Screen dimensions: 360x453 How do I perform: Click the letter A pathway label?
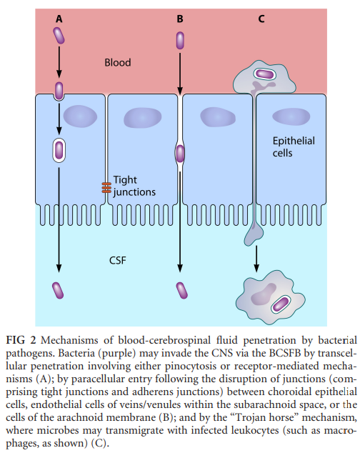click(x=59, y=19)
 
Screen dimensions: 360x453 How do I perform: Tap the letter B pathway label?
click(x=180, y=19)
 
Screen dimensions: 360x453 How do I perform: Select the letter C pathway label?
click(x=261, y=19)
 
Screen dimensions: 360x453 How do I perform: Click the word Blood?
click(x=118, y=62)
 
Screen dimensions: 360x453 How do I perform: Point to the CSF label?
click(x=118, y=261)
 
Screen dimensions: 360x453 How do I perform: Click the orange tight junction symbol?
click(x=106, y=188)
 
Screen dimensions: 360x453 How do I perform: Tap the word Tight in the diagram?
click(x=125, y=180)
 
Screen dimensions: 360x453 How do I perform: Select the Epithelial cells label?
click(x=294, y=146)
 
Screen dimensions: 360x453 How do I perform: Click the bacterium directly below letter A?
click(x=59, y=36)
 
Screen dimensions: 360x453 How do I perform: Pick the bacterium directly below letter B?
click(x=180, y=41)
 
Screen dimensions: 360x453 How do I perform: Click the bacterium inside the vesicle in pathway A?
click(x=59, y=151)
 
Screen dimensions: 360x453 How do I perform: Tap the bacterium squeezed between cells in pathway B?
click(x=180, y=154)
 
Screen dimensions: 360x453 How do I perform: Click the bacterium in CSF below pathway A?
click(x=58, y=291)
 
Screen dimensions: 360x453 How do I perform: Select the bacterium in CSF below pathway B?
click(x=181, y=291)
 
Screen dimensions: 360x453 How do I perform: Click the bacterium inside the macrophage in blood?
click(x=264, y=74)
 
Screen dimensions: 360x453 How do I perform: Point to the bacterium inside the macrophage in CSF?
click(x=281, y=304)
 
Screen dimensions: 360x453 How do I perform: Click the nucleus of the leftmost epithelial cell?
click(x=80, y=116)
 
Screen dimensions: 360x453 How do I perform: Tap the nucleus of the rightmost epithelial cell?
click(x=291, y=116)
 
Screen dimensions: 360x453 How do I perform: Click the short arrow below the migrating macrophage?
click(x=256, y=259)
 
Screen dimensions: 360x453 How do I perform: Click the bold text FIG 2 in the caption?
click(x=21, y=340)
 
